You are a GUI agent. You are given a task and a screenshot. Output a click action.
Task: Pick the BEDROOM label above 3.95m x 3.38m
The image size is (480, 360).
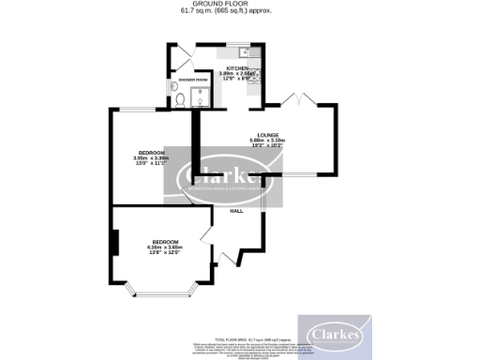click(152, 152)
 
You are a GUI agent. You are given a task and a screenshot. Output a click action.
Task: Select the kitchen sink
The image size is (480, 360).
click(241, 51)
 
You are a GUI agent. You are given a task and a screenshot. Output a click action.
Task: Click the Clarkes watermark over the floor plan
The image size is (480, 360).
click(225, 179)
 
